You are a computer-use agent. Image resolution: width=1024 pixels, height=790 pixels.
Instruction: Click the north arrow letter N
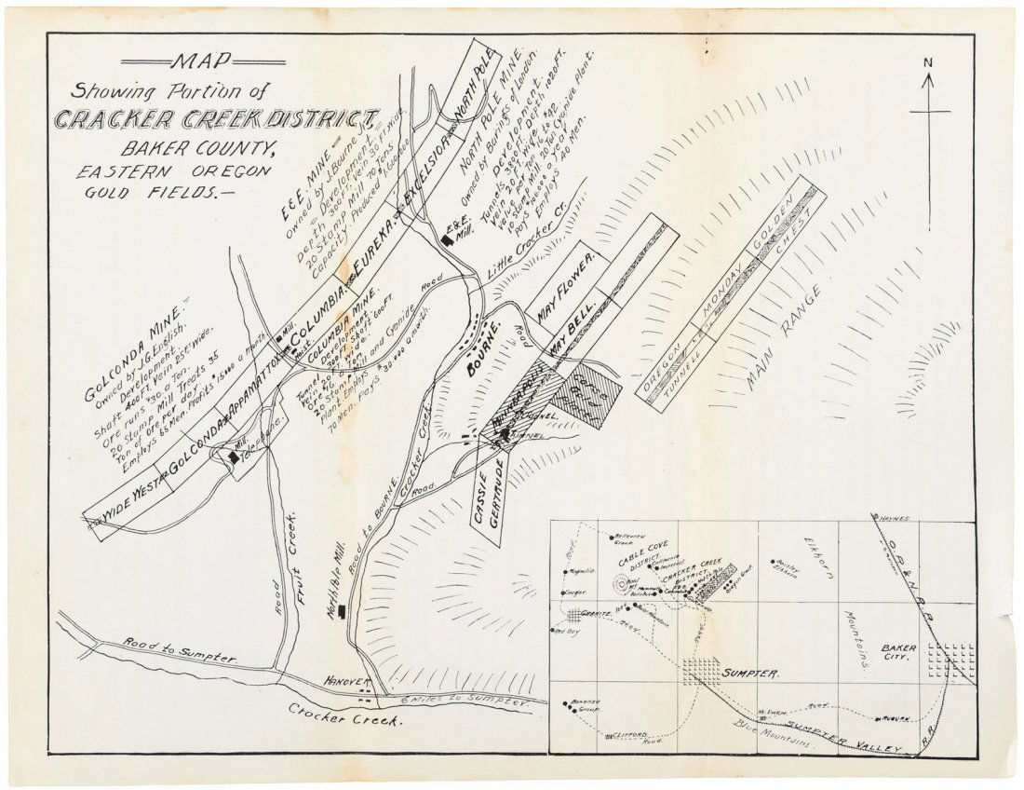(x=928, y=62)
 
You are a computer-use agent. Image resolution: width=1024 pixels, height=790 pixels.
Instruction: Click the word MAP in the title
(x=195, y=62)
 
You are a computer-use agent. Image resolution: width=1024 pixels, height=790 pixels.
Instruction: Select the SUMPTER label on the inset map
(x=750, y=674)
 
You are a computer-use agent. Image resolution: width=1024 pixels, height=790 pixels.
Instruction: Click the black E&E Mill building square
(x=447, y=239)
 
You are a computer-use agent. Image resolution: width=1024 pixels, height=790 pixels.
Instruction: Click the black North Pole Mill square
(x=344, y=611)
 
